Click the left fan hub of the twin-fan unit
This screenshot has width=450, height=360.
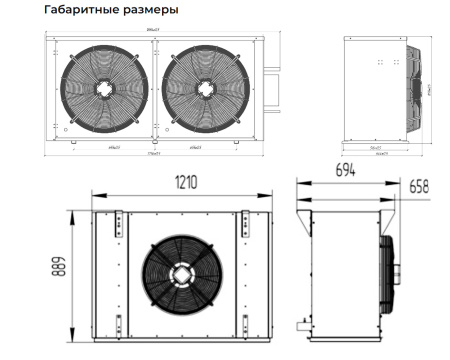(x=105, y=88)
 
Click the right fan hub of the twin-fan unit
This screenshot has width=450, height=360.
(x=204, y=88)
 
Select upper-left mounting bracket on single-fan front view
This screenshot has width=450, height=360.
(x=118, y=221)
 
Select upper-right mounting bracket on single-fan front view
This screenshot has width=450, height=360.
(x=244, y=221)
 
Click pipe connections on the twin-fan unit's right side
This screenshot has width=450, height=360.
(x=269, y=86)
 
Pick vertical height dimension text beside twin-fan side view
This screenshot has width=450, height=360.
(x=428, y=88)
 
